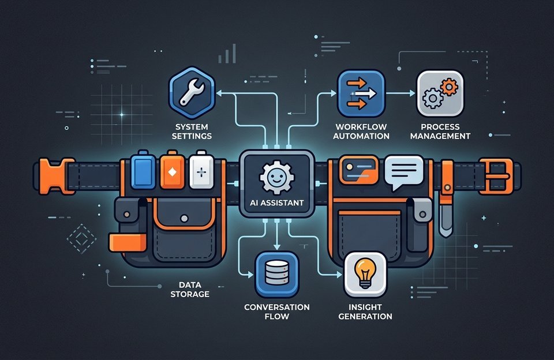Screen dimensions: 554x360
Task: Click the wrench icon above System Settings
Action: (x=192, y=92)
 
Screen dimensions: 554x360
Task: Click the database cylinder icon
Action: (x=276, y=273)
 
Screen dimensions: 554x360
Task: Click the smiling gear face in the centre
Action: (x=276, y=177)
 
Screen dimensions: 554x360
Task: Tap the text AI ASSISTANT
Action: (x=276, y=202)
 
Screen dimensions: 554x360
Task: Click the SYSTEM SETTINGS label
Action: (x=192, y=132)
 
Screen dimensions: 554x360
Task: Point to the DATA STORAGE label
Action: (x=190, y=290)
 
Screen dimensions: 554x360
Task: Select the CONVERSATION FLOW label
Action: (x=276, y=312)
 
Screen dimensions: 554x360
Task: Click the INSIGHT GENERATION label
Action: (x=365, y=312)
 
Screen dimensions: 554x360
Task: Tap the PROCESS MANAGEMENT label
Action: (x=440, y=132)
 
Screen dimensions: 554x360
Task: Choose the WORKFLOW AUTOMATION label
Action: (x=361, y=132)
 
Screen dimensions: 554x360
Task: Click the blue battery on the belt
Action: (x=143, y=170)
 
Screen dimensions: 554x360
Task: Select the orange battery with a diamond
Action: (x=172, y=170)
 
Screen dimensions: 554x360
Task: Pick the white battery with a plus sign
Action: (x=201, y=170)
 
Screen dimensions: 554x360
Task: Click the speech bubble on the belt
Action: (x=404, y=172)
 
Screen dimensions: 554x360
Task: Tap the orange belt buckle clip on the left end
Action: (x=54, y=177)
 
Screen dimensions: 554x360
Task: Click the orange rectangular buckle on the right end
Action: (x=496, y=177)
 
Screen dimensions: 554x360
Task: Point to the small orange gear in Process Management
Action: (x=449, y=87)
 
